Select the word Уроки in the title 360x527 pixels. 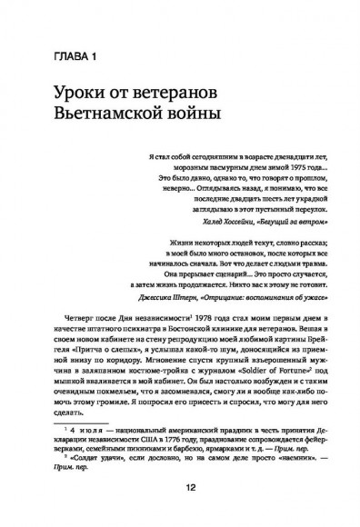[x=78, y=94]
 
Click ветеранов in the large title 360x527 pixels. [x=199, y=94]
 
